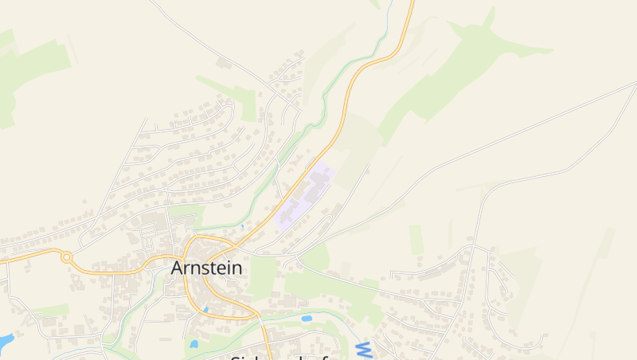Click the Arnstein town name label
click(x=207, y=268)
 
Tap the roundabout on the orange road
click(x=67, y=258)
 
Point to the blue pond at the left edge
click(x=5, y=342)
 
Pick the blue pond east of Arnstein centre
click(x=307, y=319)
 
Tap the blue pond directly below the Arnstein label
click(x=193, y=345)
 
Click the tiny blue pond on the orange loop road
click(x=205, y=309)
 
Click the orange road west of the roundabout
click(x=28, y=256)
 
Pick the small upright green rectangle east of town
click(x=416, y=239)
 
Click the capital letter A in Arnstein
click(x=179, y=268)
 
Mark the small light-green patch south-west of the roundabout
click(x=52, y=309)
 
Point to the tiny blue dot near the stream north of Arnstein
click(x=242, y=227)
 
